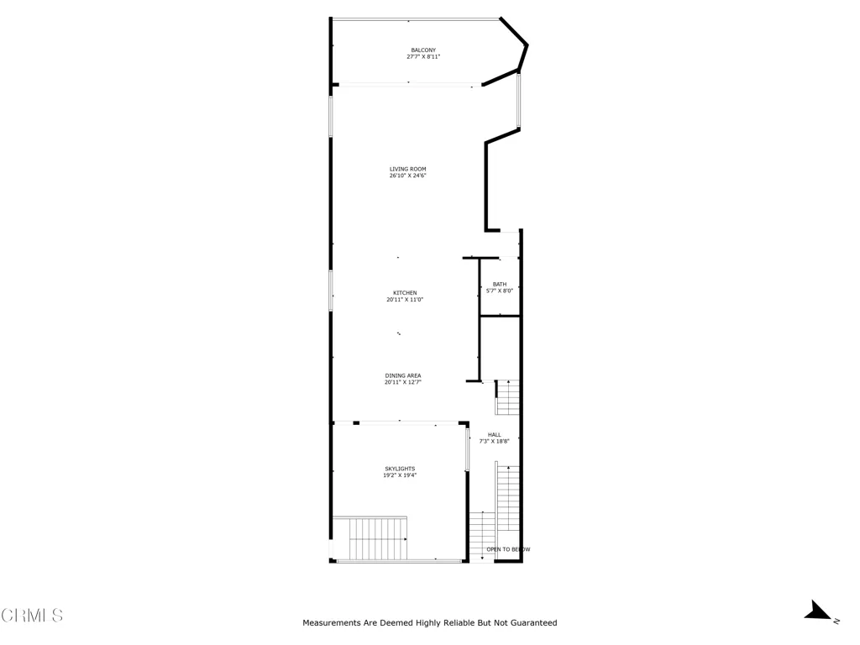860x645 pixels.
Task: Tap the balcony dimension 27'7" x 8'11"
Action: [x=423, y=57]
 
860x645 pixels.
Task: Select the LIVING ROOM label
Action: [x=407, y=169]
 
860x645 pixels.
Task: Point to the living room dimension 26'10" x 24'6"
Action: [x=407, y=176]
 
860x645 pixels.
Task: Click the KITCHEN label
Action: [x=405, y=292]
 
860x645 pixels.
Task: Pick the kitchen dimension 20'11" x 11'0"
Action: [x=405, y=300]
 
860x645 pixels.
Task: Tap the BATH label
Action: [x=500, y=284]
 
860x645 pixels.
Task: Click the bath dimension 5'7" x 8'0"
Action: [x=500, y=291]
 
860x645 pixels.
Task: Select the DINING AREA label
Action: [x=403, y=375]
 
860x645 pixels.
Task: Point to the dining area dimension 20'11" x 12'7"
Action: [x=403, y=382]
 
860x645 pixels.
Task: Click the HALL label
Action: [x=494, y=434]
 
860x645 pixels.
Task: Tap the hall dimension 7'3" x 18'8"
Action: [x=494, y=441]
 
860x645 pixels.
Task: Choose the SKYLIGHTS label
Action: [x=400, y=469]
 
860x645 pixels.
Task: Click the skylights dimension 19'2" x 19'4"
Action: [x=400, y=475]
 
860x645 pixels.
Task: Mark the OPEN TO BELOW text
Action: [x=508, y=549]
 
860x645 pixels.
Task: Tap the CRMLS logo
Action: [x=32, y=616]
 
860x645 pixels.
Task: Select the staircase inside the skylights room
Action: [x=370, y=539]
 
